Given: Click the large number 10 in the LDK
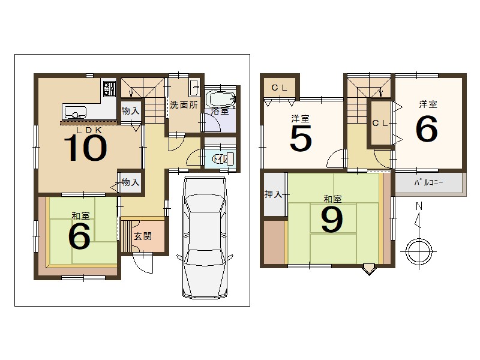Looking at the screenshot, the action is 85,148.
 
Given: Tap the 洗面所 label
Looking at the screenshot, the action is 184,105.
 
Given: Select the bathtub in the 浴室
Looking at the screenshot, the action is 220,98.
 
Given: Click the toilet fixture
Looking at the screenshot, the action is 223,159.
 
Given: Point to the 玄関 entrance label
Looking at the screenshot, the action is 143,236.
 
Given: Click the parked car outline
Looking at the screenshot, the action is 205,237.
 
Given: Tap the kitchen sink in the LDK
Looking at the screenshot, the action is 74,112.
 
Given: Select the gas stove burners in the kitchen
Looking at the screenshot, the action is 109,89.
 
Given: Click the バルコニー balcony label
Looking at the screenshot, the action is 428,183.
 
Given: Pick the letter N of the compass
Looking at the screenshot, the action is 419,206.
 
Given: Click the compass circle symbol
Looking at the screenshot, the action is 419,251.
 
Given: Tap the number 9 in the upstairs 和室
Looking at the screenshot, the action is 332,219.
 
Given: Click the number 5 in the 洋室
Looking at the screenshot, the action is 301,139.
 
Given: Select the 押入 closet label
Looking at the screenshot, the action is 273,194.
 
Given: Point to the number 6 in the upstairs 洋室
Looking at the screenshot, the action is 427,129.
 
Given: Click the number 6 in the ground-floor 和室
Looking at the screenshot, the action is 79,235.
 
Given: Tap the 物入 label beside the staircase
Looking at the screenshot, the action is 131,111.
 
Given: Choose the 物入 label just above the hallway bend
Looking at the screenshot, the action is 131,182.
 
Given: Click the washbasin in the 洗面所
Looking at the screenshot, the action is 194,87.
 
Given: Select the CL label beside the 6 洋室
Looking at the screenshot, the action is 380,124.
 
